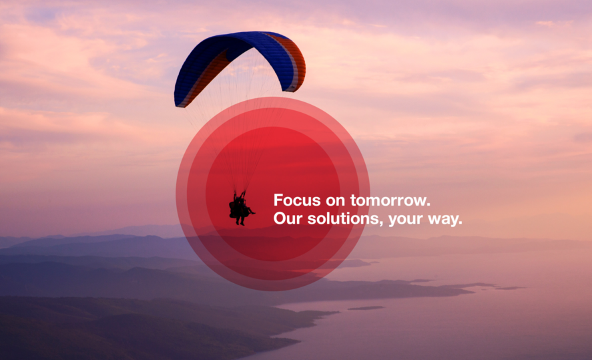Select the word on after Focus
pyautogui.click(x=335, y=201)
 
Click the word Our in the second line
pyautogui.click(x=288, y=218)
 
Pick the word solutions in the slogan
pyautogui.click(x=343, y=218)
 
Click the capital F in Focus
pyautogui.click(x=278, y=200)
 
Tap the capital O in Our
pyautogui.click(x=280, y=218)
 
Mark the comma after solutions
pyautogui.click(x=381, y=224)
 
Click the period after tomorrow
pyautogui.click(x=428, y=205)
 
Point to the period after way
pyautogui.click(x=460, y=223)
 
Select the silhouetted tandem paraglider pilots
pyautogui.click(x=240, y=208)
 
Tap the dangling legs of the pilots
pyautogui.click(x=240, y=221)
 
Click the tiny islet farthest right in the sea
pyautogui.click(x=510, y=289)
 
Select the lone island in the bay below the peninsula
pyautogui.click(x=366, y=309)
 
